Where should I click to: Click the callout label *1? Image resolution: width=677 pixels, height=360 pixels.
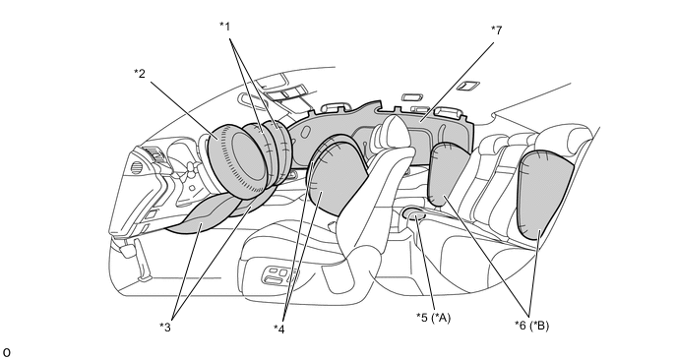click(x=225, y=27)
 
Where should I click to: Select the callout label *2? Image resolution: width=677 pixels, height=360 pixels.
click(x=140, y=74)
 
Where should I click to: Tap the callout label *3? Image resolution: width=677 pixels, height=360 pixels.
click(x=165, y=328)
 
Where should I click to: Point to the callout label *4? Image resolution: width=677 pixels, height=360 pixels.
click(x=279, y=329)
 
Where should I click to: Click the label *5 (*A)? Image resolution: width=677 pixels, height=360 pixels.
click(x=434, y=318)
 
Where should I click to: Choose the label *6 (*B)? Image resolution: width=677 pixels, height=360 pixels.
click(x=532, y=325)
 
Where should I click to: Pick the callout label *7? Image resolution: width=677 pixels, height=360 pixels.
click(x=497, y=30)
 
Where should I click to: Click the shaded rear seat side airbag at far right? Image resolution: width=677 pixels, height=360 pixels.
click(x=545, y=194)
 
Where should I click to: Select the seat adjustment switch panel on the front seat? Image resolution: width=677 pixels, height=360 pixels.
click(x=279, y=275)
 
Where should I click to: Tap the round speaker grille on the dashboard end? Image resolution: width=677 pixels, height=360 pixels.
click(x=136, y=167)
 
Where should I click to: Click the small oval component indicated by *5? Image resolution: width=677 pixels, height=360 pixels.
click(x=414, y=212)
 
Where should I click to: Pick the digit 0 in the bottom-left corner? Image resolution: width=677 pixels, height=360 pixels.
click(x=7, y=352)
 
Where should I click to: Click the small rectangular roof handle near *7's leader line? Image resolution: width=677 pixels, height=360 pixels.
click(x=467, y=86)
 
